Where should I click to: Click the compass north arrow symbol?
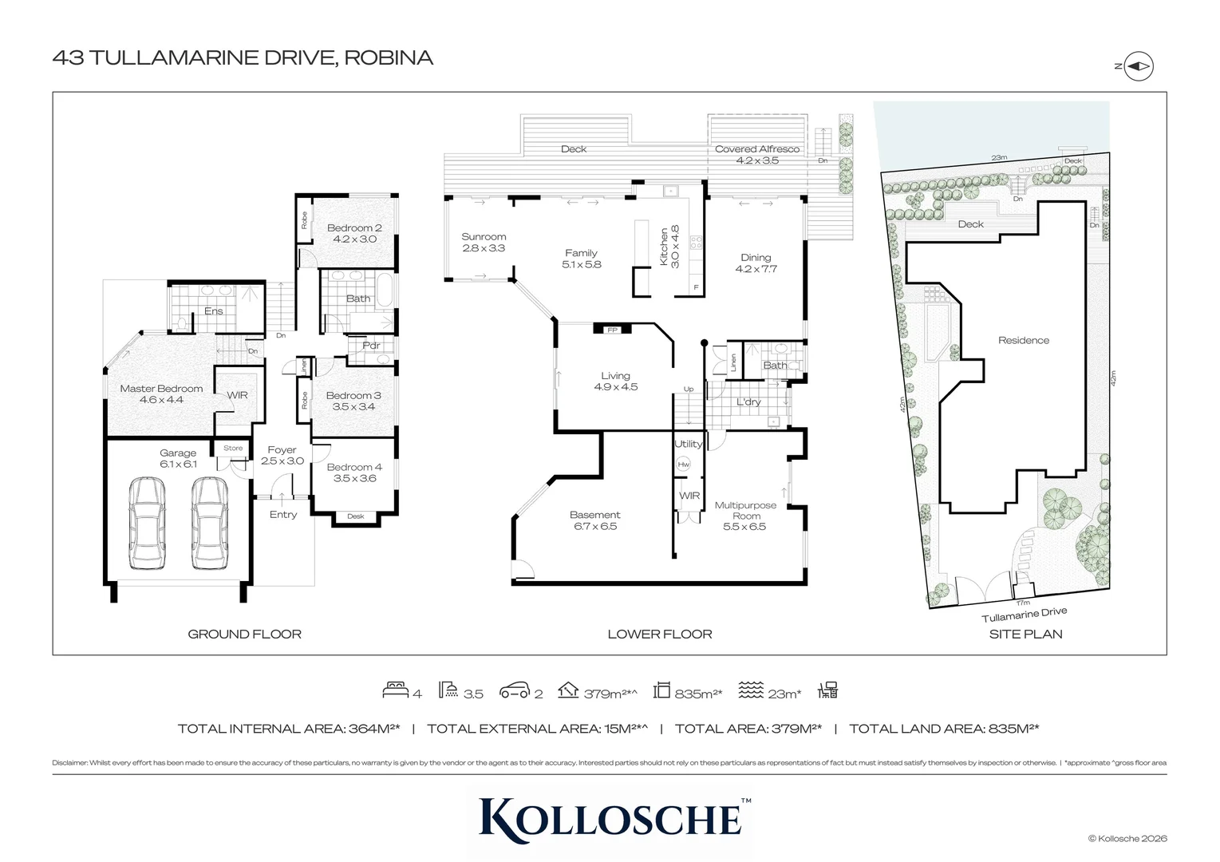(x=1138, y=66)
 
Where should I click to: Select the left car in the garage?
(x=147, y=524)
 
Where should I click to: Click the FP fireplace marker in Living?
(x=612, y=330)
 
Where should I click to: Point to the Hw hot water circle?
(x=683, y=465)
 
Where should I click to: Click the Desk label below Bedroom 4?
(x=356, y=516)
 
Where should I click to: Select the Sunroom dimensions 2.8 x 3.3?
(x=484, y=248)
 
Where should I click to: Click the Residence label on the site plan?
(x=1024, y=340)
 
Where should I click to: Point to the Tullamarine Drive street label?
(x=1024, y=614)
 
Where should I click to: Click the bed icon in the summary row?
(x=396, y=690)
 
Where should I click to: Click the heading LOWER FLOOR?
(x=660, y=634)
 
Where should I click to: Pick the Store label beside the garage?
(x=232, y=448)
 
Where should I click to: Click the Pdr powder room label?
(x=371, y=346)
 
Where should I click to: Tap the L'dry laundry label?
(x=748, y=401)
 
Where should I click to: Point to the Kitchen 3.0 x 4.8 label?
(x=669, y=247)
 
